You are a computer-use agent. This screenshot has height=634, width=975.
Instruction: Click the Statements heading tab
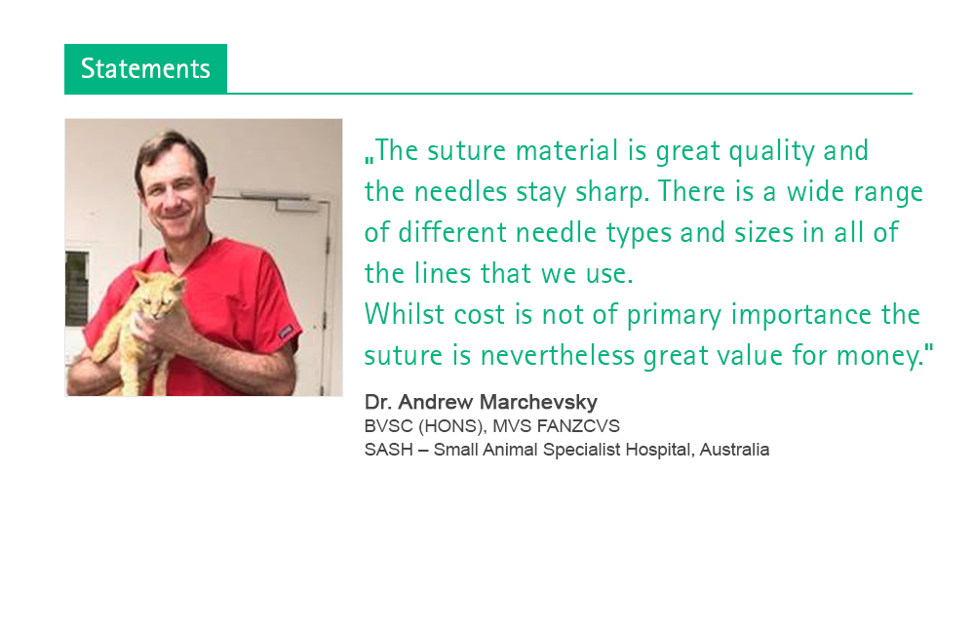(145, 68)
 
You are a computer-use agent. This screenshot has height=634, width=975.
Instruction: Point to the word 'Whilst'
(405, 313)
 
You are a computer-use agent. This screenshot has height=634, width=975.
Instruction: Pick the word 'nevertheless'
(557, 355)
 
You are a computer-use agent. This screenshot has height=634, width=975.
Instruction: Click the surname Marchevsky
(538, 402)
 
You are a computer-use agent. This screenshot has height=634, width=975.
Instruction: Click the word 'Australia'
(734, 450)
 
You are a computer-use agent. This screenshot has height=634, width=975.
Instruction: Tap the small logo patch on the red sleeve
(286, 332)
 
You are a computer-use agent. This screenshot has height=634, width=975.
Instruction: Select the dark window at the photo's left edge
(76, 289)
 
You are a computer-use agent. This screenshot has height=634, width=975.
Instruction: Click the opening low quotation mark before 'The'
(369, 160)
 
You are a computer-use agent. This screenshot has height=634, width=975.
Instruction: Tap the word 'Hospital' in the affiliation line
(660, 450)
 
